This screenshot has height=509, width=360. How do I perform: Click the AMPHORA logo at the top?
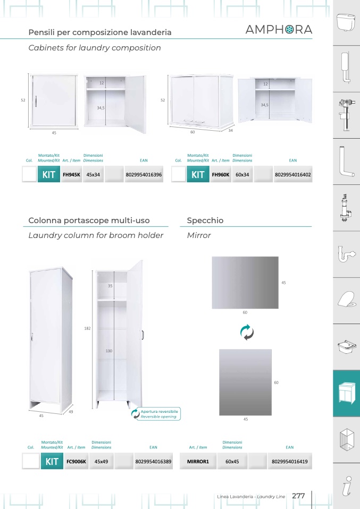pyautogui.click(x=279, y=30)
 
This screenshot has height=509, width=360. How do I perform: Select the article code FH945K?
pyautogui.click(x=71, y=174)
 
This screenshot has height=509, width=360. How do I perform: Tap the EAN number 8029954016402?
pyautogui.click(x=293, y=174)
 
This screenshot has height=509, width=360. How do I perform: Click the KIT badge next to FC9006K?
pyautogui.click(x=52, y=461)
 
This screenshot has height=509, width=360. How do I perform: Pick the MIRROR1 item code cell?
pyautogui.click(x=198, y=461)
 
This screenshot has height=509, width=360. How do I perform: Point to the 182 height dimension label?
pyautogui.click(x=87, y=328)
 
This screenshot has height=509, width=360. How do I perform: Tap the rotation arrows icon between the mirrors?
pyautogui.click(x=247, y=332)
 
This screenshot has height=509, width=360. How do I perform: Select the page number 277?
pyautogui.click(x=298, y=496)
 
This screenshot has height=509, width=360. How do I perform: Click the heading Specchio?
pyautogui.click(x=205, y=220)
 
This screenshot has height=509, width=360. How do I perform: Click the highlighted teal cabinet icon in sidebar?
pyautogui.click(x=346, y=393)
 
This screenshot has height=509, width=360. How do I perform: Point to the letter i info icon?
pyautogui.click(x=347, y=486)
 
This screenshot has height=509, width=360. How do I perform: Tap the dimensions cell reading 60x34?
pyautogui.click(x=242, y=174)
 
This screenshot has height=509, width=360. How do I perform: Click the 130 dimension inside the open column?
pyautogui.click(x=109, y=351)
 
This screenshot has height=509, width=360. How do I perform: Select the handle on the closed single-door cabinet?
pyautogui.click(x=36, y=101)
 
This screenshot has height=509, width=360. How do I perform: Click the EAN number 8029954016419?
pyautogui.click(x=289, y=461)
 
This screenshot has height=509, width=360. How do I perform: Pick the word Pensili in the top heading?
pyautogui.click(x=41, y=32)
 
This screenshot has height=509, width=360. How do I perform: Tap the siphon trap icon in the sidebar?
pyautogui.click(x=346, y=253)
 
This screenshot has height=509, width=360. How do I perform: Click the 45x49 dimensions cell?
pyautogui.click(x=101, y=461)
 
